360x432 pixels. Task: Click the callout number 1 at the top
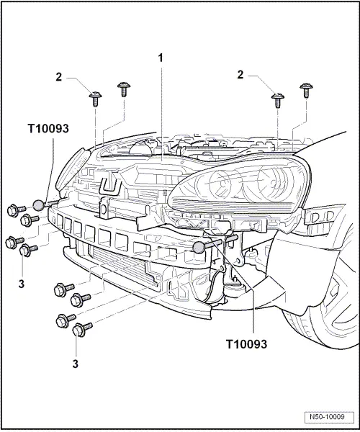pos(162,55)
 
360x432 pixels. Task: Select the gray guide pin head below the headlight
pos(199,248)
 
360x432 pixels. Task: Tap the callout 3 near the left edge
pos(22,284)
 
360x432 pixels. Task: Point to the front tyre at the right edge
pos(338,317)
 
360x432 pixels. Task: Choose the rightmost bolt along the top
pos(305,89)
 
